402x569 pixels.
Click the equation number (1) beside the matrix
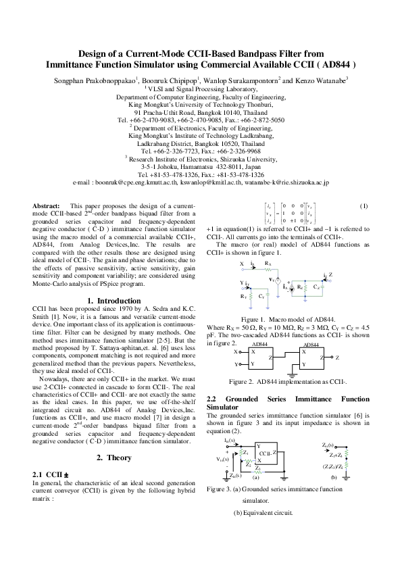click(363, 205)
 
